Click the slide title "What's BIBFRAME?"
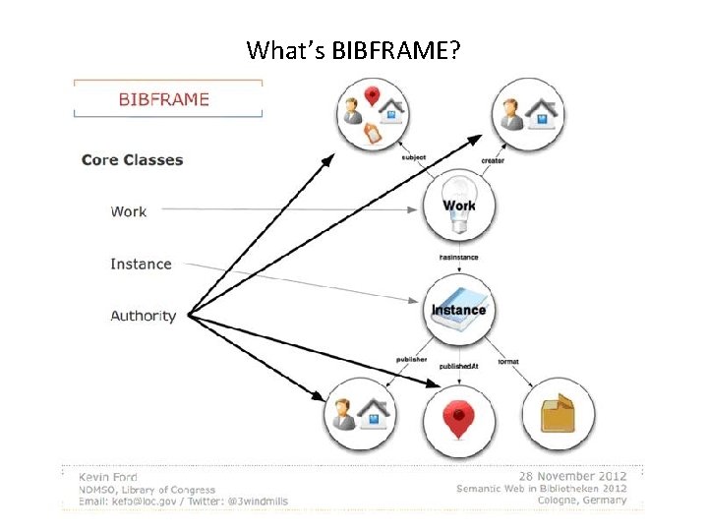click(353, 49)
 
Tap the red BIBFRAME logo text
click(163, 99)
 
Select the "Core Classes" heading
click(132, 159)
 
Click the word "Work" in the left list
click(129, 211)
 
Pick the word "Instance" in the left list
click(141, 264)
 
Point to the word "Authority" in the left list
click(144, 316)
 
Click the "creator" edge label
click(493, 160)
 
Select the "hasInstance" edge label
click(458, 258)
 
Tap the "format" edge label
click(509, 361)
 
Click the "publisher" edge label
click(411, 360)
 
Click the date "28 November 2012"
click(574, 473)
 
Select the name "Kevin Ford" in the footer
click(107, 474)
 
